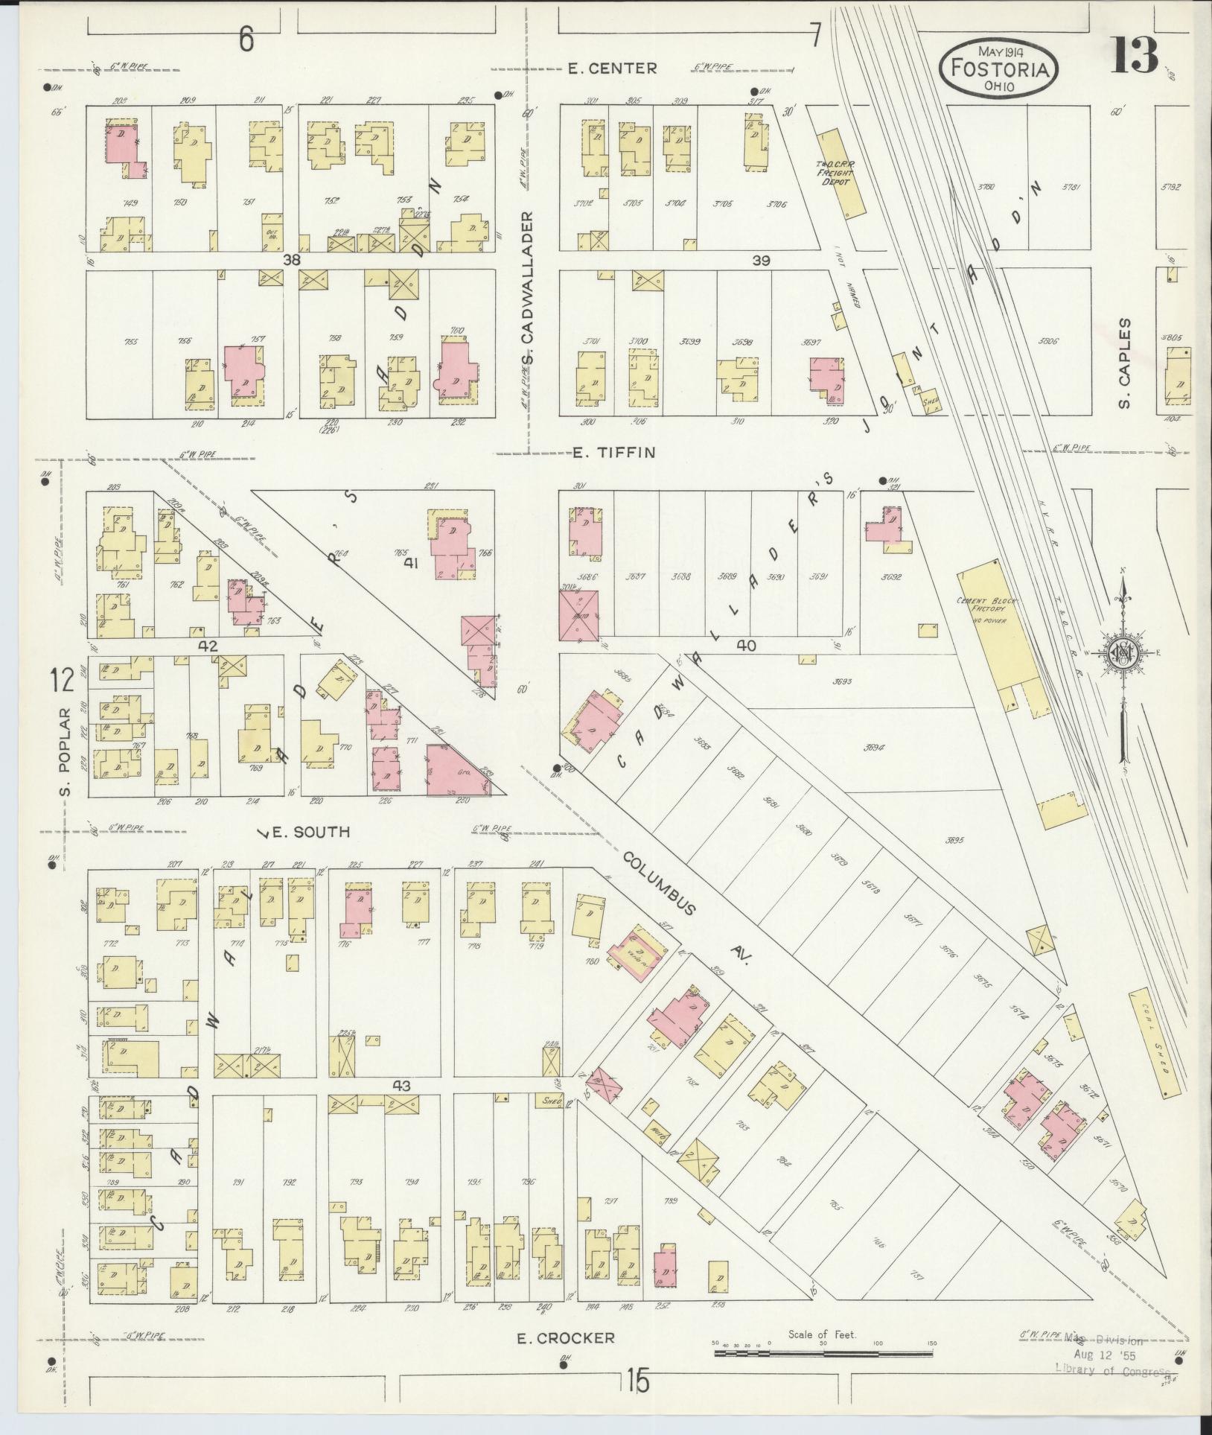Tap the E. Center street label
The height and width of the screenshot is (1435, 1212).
(x=612, y=69)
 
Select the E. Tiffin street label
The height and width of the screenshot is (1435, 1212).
(x=613, y=453)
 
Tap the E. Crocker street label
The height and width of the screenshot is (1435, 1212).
(x=567, y=1337)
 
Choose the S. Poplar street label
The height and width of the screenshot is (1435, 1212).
(x=65, y=751)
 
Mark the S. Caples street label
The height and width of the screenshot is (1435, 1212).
(x=1124, y=363)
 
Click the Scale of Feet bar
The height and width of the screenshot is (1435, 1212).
(x=823, y=1352)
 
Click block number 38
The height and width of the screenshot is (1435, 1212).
(x=290, y=261)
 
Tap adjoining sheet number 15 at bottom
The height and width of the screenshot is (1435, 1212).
(x=637, y=1382)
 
